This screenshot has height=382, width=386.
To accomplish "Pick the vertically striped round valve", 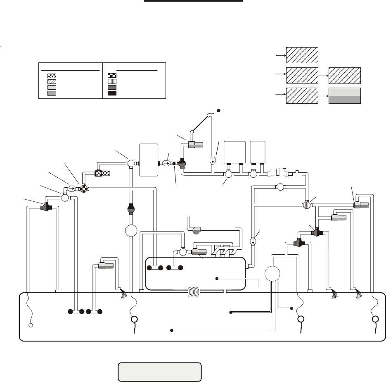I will coord(307,204).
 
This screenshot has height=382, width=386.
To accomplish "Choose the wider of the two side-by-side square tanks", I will coord(234,153).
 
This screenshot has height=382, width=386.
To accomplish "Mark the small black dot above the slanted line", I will coord(219,110).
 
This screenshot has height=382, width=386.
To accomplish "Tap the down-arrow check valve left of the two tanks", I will coord(213,160).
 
